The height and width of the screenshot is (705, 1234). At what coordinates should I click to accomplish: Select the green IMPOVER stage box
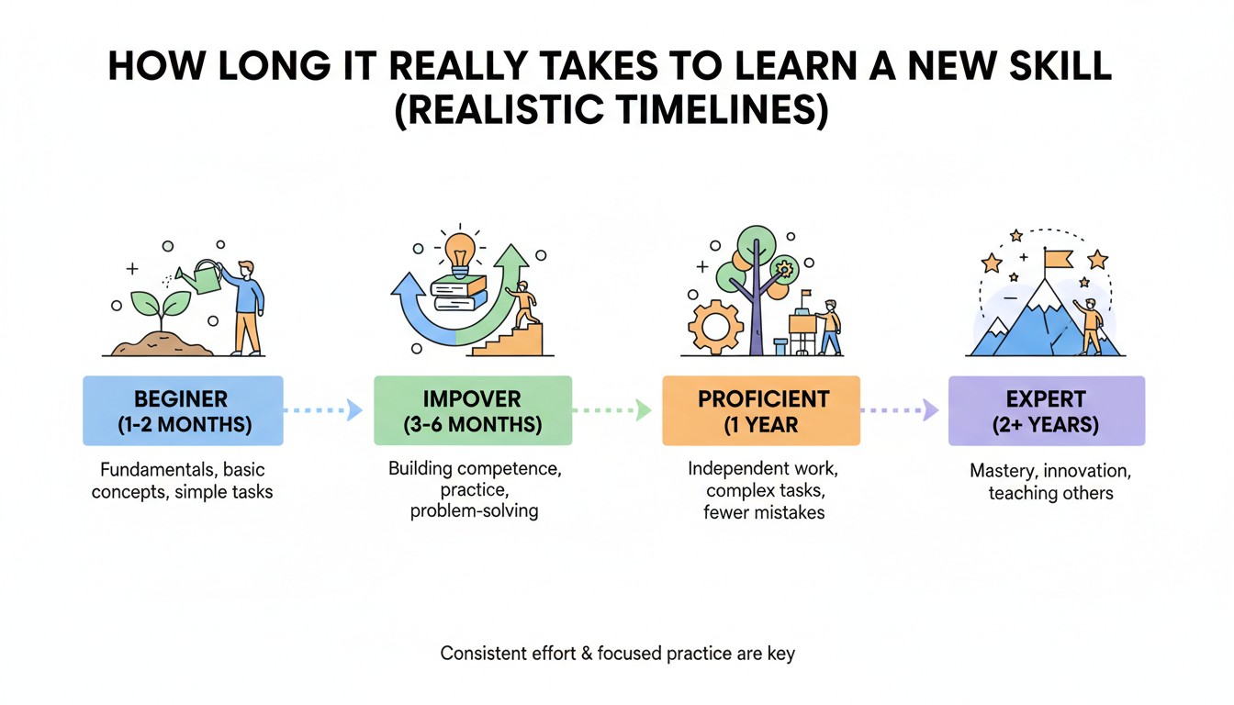(472, 411)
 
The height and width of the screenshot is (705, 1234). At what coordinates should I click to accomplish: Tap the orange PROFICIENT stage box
(761, 411)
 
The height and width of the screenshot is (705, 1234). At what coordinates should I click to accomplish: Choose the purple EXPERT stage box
(1046, 411)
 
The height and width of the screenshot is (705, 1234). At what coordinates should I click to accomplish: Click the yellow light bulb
(460, 249)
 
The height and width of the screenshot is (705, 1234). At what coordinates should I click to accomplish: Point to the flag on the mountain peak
(1056, 260)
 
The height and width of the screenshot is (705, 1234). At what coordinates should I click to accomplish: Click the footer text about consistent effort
(617, 654)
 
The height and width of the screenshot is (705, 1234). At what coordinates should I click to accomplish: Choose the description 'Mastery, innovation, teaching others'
(1050, 482)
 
